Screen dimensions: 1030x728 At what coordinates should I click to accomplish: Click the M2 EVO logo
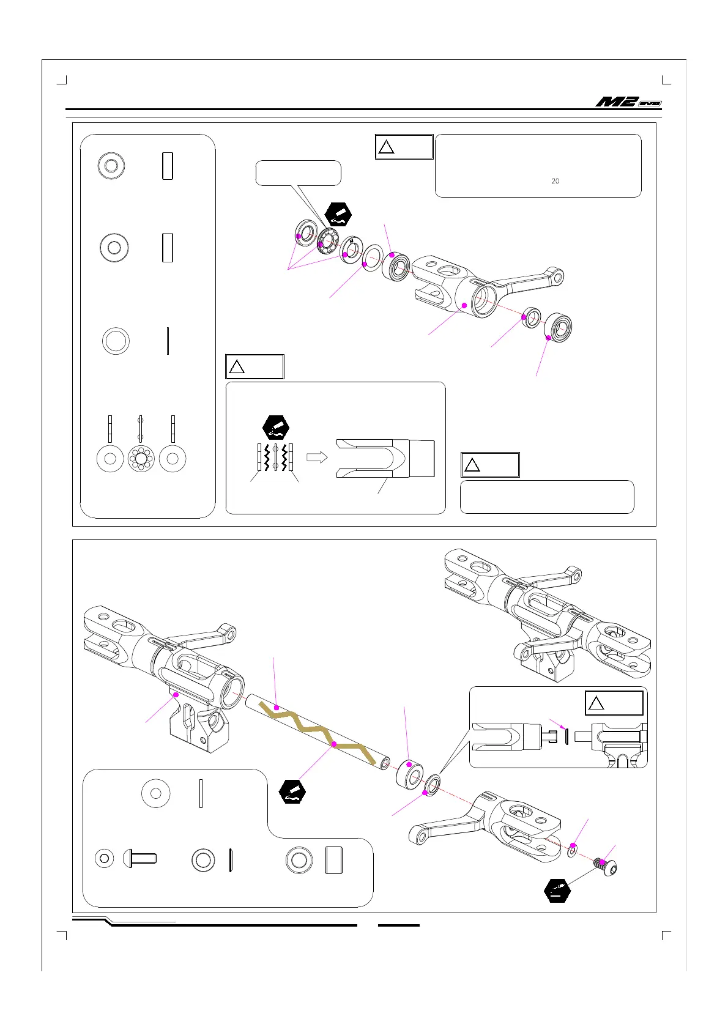pyautogui.click(x=628, y=102)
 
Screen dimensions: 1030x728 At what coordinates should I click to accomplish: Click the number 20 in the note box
pyautogui.click(x=555, y=181)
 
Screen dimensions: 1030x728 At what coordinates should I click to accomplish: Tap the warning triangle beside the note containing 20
pyautogui.click(x=386, y=147)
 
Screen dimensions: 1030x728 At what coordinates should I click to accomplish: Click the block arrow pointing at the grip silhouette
pyautogui.click(x=317, y=457)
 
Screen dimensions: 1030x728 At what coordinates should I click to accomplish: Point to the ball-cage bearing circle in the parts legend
pyautogui.click(x=141, y=459)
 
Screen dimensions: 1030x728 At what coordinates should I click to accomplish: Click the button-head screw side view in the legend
pyautogui.click(x=140, y=858)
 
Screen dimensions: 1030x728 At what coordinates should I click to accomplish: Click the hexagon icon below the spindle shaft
pyautogui.click(x=292, y=791)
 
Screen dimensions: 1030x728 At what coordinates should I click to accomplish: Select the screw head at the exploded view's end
pyautogui.click(x=606, y=865)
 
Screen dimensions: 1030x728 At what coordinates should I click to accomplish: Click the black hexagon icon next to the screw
pyautogui.click(x=557, y=891)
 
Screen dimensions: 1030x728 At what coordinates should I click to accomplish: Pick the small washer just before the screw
pyautogui.click(x=573, y=850)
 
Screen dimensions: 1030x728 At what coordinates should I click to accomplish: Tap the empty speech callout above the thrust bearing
pyautogui.click(x=298, y=173)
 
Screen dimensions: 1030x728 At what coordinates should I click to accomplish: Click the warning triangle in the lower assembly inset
pyautogui.click(x=596, y=703)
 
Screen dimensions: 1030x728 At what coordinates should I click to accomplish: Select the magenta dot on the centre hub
pyautogui.click(x=176, y=694)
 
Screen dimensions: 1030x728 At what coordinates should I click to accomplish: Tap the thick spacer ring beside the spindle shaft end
pyautogui.click(x=409, y=773)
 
